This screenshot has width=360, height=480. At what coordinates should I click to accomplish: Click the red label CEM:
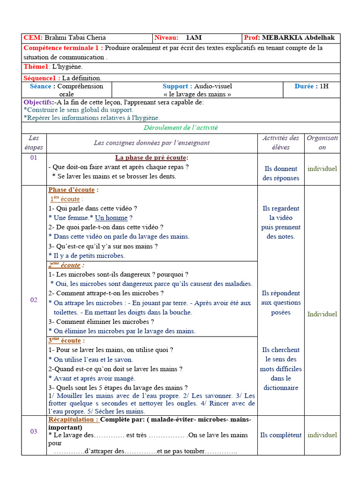[x=33, y=38]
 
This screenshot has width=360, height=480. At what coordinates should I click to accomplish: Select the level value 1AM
[x=194, y=38]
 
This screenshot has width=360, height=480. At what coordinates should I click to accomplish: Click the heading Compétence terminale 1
[x=63, y=48]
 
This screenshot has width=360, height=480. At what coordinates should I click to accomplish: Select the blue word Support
[x=177, y=86]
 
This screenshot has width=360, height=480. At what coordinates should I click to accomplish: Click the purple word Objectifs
[x=38, y=102]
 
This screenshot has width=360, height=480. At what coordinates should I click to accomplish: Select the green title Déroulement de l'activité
[x=180, y=127]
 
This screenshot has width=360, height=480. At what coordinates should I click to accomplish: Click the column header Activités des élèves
[x=280, y=142]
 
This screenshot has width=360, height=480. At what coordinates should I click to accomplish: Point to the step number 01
[x=34, y=158]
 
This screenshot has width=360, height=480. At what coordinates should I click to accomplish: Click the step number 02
[x=34, y=300]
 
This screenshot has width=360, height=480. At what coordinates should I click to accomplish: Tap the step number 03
[x=34, y=431]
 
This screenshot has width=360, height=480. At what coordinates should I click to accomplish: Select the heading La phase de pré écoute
[x=151, y=158]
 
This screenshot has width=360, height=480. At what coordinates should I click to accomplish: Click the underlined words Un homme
[x=111, y=218]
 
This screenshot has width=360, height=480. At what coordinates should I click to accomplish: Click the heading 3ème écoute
[x=65, y=341]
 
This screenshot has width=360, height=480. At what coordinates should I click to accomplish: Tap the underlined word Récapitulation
[x=73, y=420]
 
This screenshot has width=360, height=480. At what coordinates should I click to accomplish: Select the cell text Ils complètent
[x=281, y=435]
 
